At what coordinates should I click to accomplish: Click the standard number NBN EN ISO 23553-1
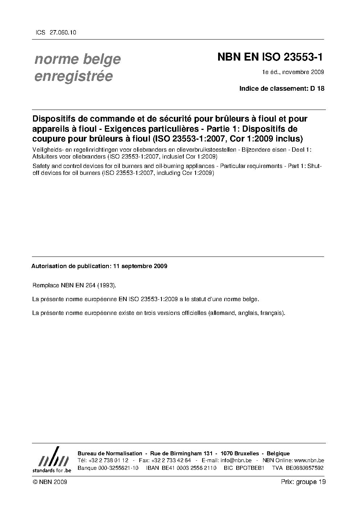(x=270, y=57)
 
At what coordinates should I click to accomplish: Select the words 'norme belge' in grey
(x=78, y=59)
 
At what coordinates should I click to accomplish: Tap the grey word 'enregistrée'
(x=74, y=77)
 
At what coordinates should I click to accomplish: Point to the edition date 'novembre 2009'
(x=303, y=72)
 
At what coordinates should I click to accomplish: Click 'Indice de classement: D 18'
(x=282, y=88)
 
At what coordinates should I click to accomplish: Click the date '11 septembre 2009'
(x=140, y=266)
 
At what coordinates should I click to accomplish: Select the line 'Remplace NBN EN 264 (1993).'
(x=74, y=285)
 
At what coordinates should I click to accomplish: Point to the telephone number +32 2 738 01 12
(x=108, y=460)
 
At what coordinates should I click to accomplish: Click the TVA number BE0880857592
(x=304, y=468)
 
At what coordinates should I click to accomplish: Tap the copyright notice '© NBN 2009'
(x=50, y=482)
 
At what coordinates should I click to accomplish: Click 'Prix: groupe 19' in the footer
(x=303, y=482)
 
